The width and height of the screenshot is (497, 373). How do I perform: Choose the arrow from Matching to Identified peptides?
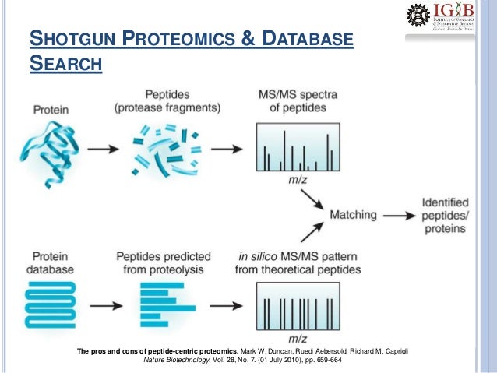[x=401, y=215]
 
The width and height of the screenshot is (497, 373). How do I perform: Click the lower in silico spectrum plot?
[x=298, y=306]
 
